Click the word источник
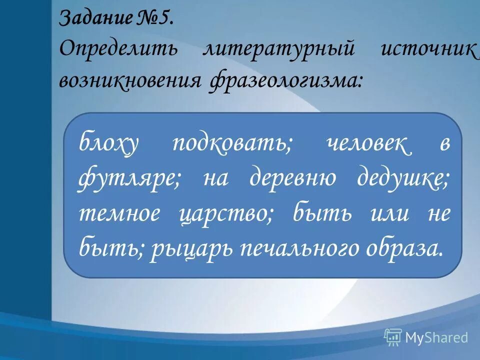tap(428, 50)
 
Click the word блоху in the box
tap(107, 145)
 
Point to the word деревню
tap(292, 179)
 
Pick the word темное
tap(119, 214)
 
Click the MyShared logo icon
tap(392, 337)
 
